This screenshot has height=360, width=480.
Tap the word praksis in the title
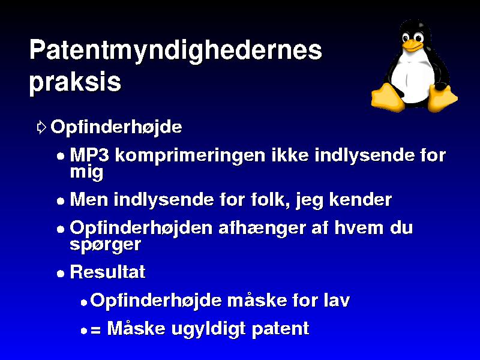coord(76,83)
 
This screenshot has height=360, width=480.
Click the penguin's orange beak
coord(412,46)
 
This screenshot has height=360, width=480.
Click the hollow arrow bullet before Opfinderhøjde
coord(41,127)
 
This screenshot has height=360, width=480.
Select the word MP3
coord(89,155)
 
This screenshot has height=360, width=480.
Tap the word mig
coord(86,173)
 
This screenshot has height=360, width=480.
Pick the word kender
coord(361,200)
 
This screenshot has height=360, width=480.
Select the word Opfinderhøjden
coord(141,229)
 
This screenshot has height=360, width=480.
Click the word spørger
coord(106,245)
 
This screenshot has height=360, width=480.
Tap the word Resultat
coord(108,272)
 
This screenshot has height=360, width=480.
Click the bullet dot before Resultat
coord(61,273)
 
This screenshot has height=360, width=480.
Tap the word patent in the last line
coord(280,329)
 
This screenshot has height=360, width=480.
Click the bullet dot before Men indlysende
coord(61,201)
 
